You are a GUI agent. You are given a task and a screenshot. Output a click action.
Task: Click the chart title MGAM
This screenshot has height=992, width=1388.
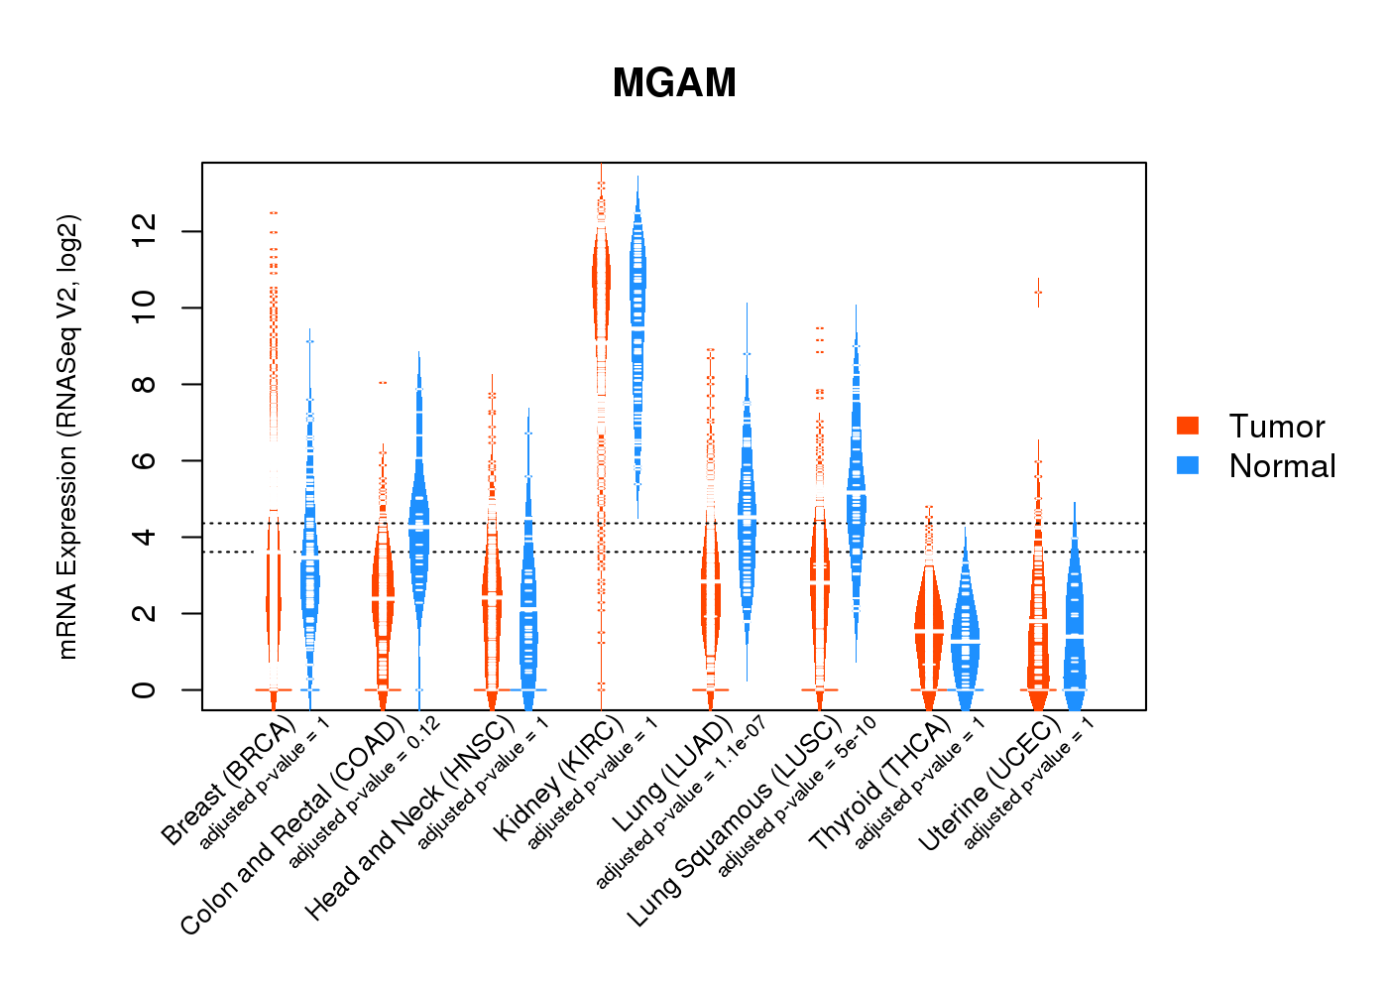pos(674,83)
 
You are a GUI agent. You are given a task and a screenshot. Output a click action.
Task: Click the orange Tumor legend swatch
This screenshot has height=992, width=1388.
pos(1188,426)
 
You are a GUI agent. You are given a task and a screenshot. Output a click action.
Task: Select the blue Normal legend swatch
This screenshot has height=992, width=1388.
pos(1188,465)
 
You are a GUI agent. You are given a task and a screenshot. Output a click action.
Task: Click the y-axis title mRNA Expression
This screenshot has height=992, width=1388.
pos(67,436)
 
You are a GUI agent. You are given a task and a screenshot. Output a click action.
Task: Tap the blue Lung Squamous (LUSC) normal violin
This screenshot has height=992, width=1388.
pos(856,496)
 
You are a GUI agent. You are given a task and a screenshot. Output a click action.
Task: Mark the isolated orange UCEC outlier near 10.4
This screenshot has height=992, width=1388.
pos(1038,293)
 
